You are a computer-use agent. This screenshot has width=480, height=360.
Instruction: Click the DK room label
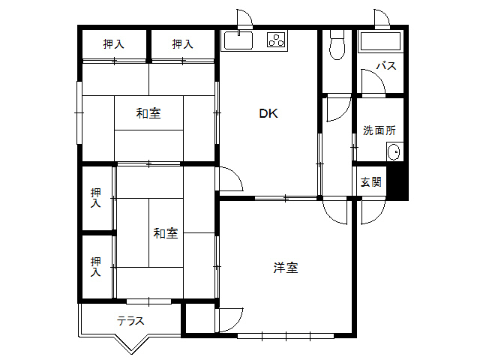268,113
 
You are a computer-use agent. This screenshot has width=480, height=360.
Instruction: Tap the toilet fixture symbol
337,45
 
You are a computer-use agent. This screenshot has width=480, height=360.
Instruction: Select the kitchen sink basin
238,40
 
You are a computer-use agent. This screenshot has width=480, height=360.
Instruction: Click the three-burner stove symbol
276,40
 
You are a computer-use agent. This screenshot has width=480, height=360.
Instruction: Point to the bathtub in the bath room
380,41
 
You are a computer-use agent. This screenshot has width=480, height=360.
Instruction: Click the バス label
386,65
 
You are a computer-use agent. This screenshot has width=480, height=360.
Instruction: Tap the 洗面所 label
379,130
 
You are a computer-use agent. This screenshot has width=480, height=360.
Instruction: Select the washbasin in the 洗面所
394,151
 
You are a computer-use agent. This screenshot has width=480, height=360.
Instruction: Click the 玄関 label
371,182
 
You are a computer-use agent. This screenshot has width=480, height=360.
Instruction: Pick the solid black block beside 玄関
397,183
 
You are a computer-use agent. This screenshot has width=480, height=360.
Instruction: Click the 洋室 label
286,268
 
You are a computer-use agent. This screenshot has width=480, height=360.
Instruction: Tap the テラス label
130,321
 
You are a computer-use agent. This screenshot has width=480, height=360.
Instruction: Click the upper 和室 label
148,113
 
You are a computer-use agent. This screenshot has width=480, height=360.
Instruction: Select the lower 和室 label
166,233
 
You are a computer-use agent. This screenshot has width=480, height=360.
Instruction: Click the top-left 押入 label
113,44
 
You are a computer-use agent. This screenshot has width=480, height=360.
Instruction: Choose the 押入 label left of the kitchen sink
182,44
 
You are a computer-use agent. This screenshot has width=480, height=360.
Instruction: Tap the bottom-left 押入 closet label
96,267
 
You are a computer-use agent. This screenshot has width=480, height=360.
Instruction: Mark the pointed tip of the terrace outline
132,354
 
